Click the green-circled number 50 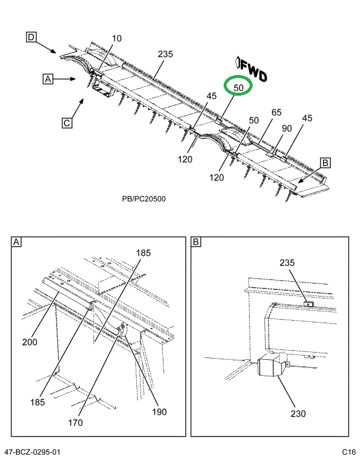(238, 87)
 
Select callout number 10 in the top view (117, 39)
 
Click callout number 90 (287, 128)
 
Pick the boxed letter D (31, 38)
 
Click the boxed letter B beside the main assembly (325, 162)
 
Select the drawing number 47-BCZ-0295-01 (32, 452)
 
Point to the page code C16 (348, 452)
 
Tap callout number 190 (159, 412)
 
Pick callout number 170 (91, 422)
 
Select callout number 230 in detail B (299, 414)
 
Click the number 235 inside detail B (287, 263)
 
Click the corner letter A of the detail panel (17, 242)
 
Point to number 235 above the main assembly (165, 54)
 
